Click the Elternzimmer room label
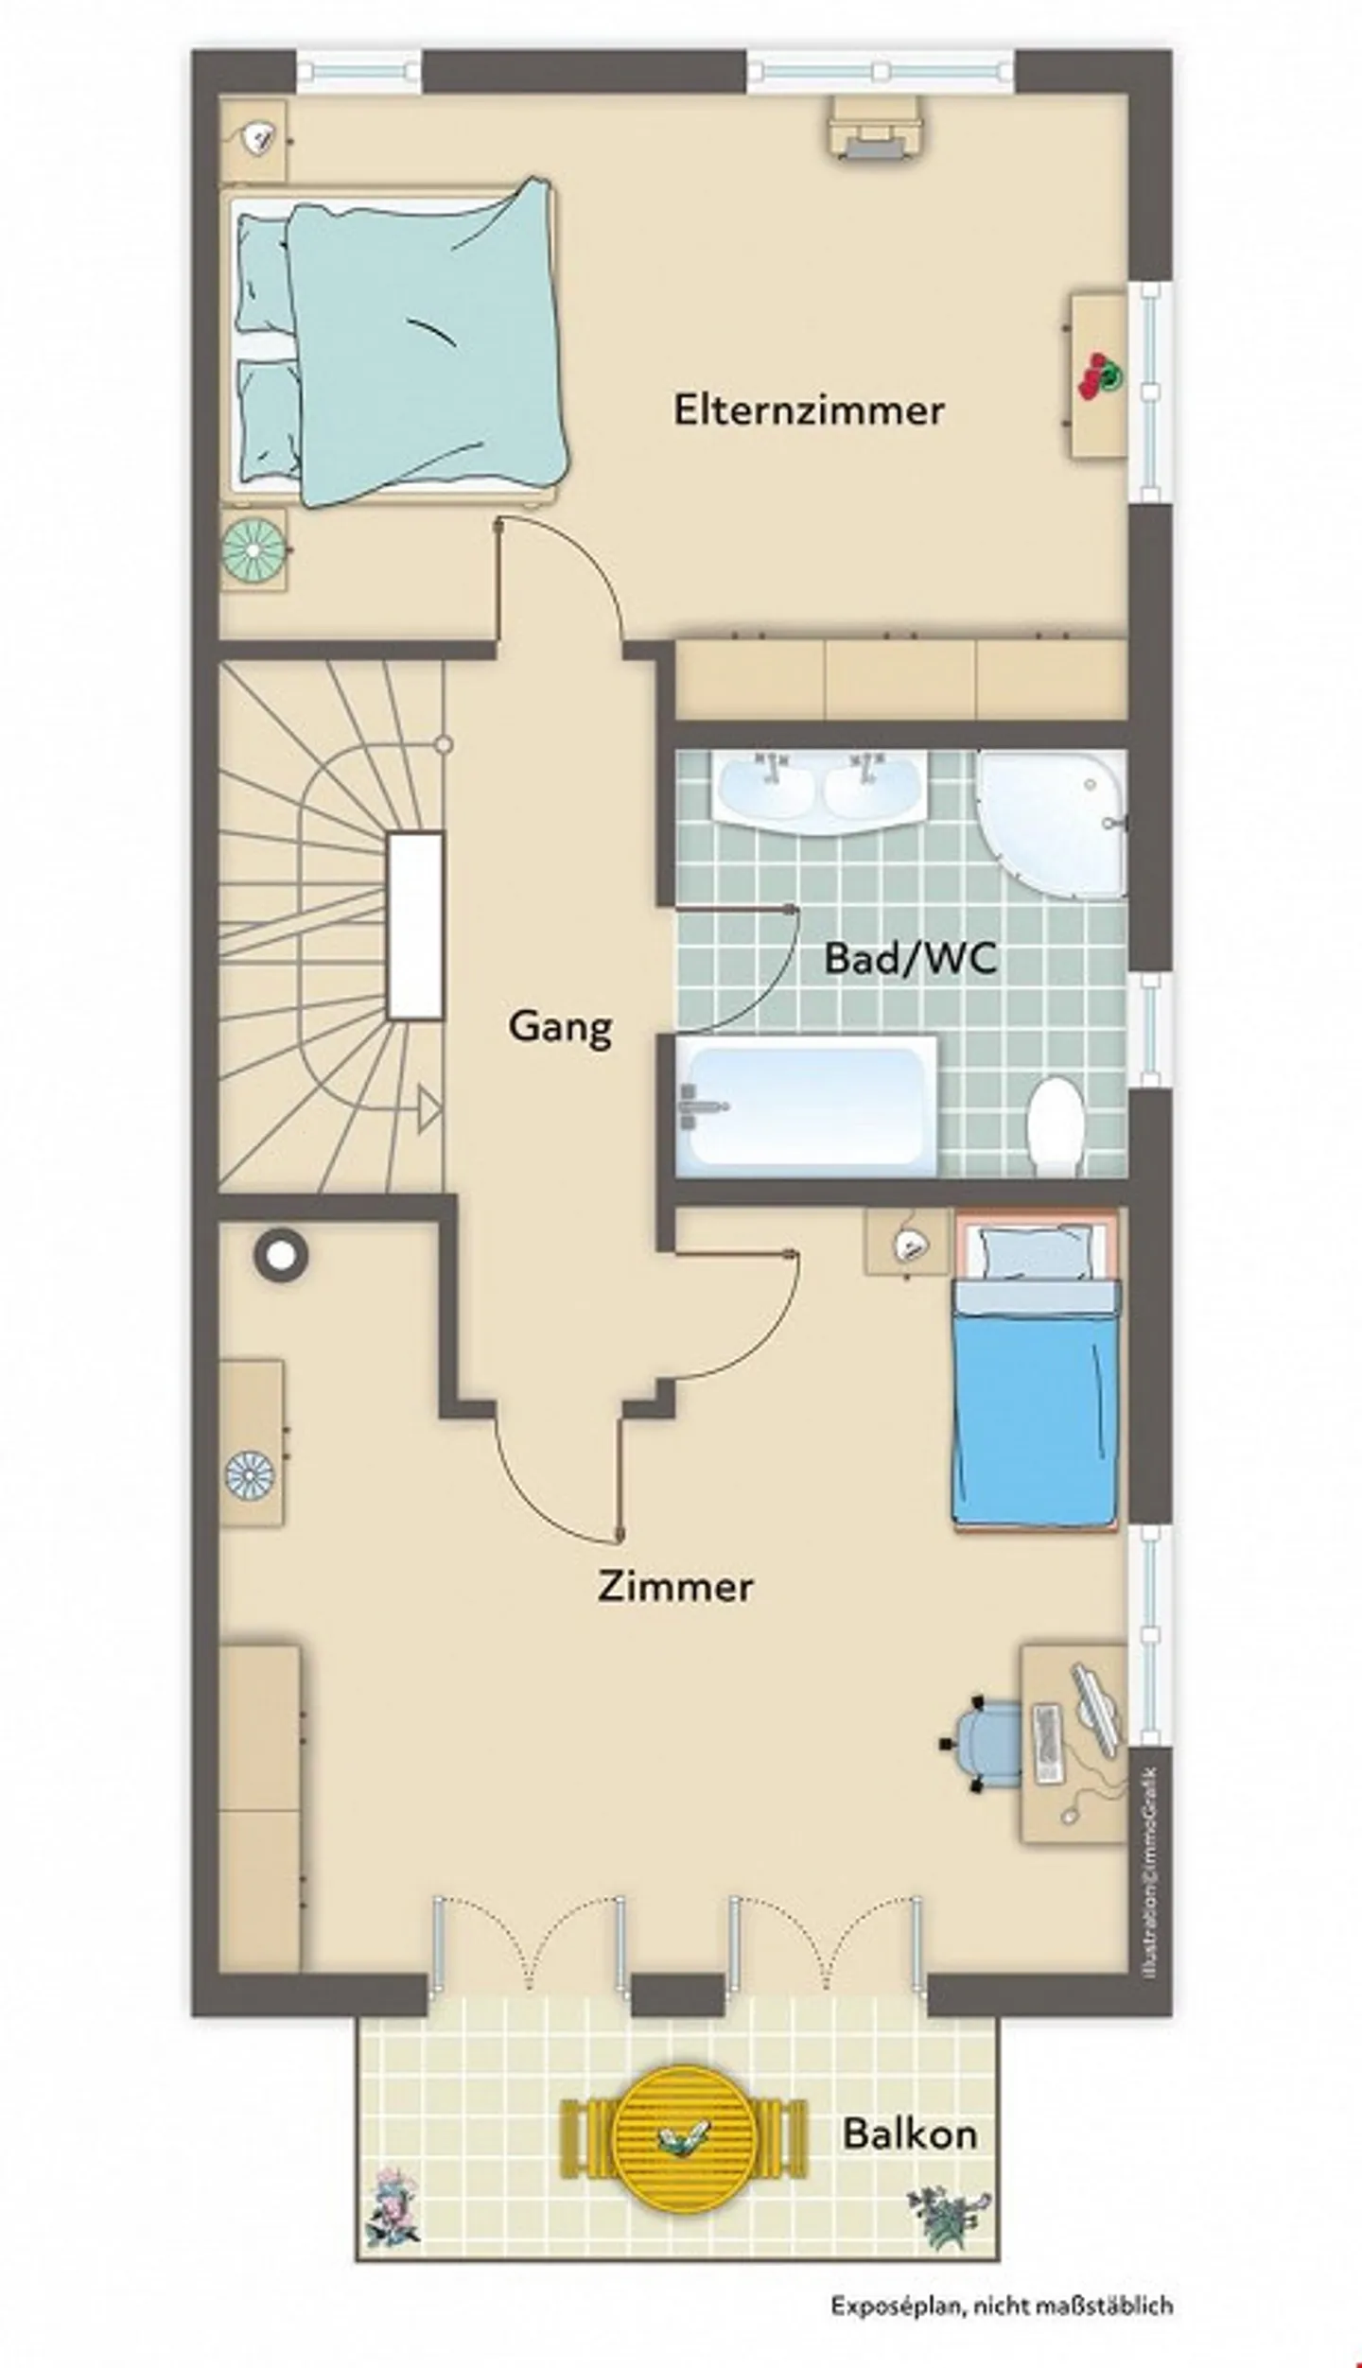pos(809,410)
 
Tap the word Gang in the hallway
pos(560,1026)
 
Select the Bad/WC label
pos(910,958)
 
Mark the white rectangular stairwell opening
pos(415,925)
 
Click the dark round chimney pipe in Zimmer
pos(281,1255)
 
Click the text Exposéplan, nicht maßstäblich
pos(1002,2325)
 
